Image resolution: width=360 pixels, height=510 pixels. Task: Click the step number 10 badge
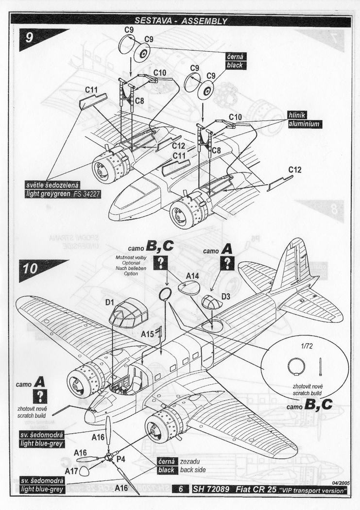(30, 269)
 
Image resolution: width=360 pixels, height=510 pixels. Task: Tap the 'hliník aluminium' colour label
(304, 119)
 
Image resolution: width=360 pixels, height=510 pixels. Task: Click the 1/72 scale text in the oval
(304, 348)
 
